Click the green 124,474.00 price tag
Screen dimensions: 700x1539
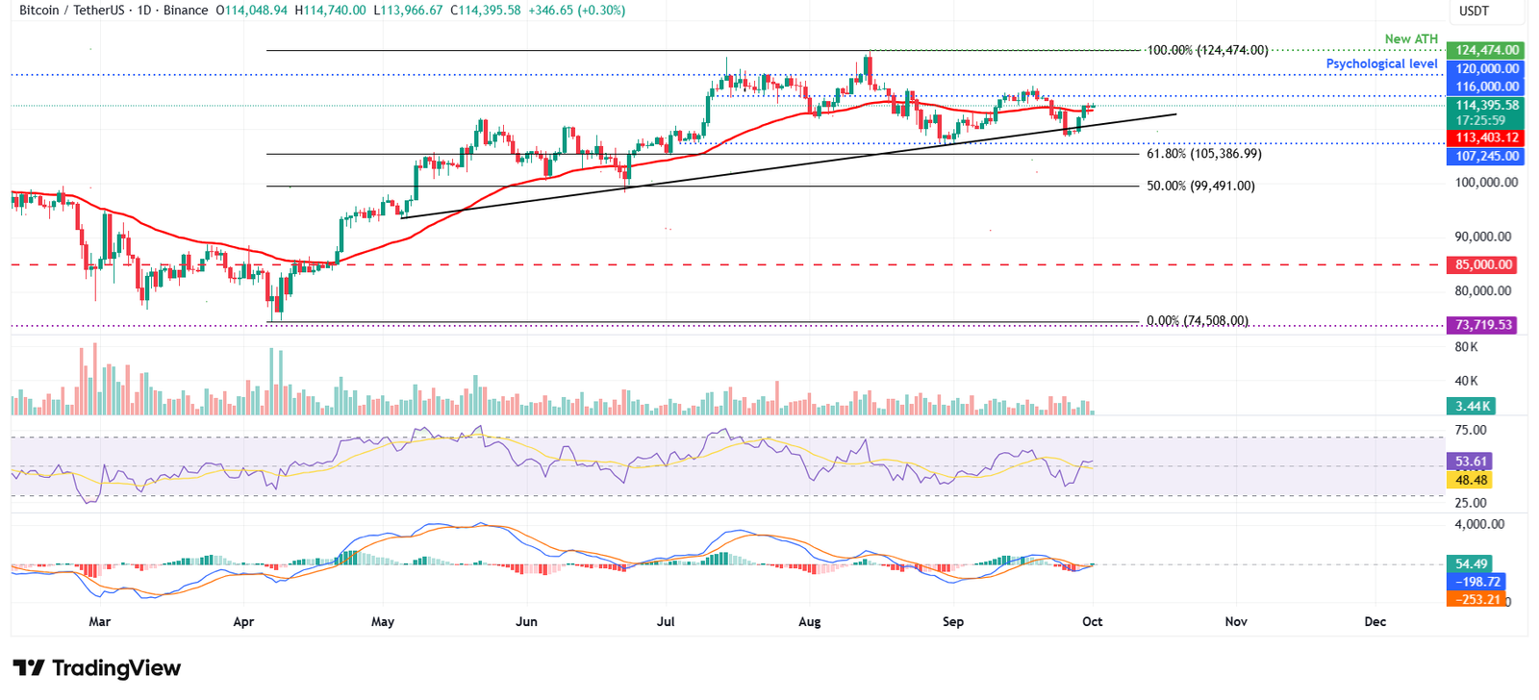[x=1486, y=50]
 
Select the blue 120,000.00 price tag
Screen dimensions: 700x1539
[x=1486, y=68]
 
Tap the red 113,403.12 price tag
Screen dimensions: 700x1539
[x=1486, y=137]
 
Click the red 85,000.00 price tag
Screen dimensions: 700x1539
[x=1483, y=264]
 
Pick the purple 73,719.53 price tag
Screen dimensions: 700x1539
[x=1483, y=325]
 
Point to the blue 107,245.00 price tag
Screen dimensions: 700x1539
[x=1486, y=156]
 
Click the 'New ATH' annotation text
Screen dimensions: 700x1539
[x=1411, y=39]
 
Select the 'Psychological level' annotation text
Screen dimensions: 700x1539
[x=1381, y=63]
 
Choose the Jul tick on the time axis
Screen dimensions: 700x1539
[x=666, y=621]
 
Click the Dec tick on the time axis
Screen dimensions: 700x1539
[x=1375, y=621]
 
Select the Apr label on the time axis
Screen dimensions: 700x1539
[x=243, y=621]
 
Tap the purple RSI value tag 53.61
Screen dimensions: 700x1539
[x=1471, y=462]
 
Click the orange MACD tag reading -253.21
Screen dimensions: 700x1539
[x=1477, y=599]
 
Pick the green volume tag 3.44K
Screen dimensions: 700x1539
[x=1472, y=406]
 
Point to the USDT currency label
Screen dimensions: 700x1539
[x=1474, y=11]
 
